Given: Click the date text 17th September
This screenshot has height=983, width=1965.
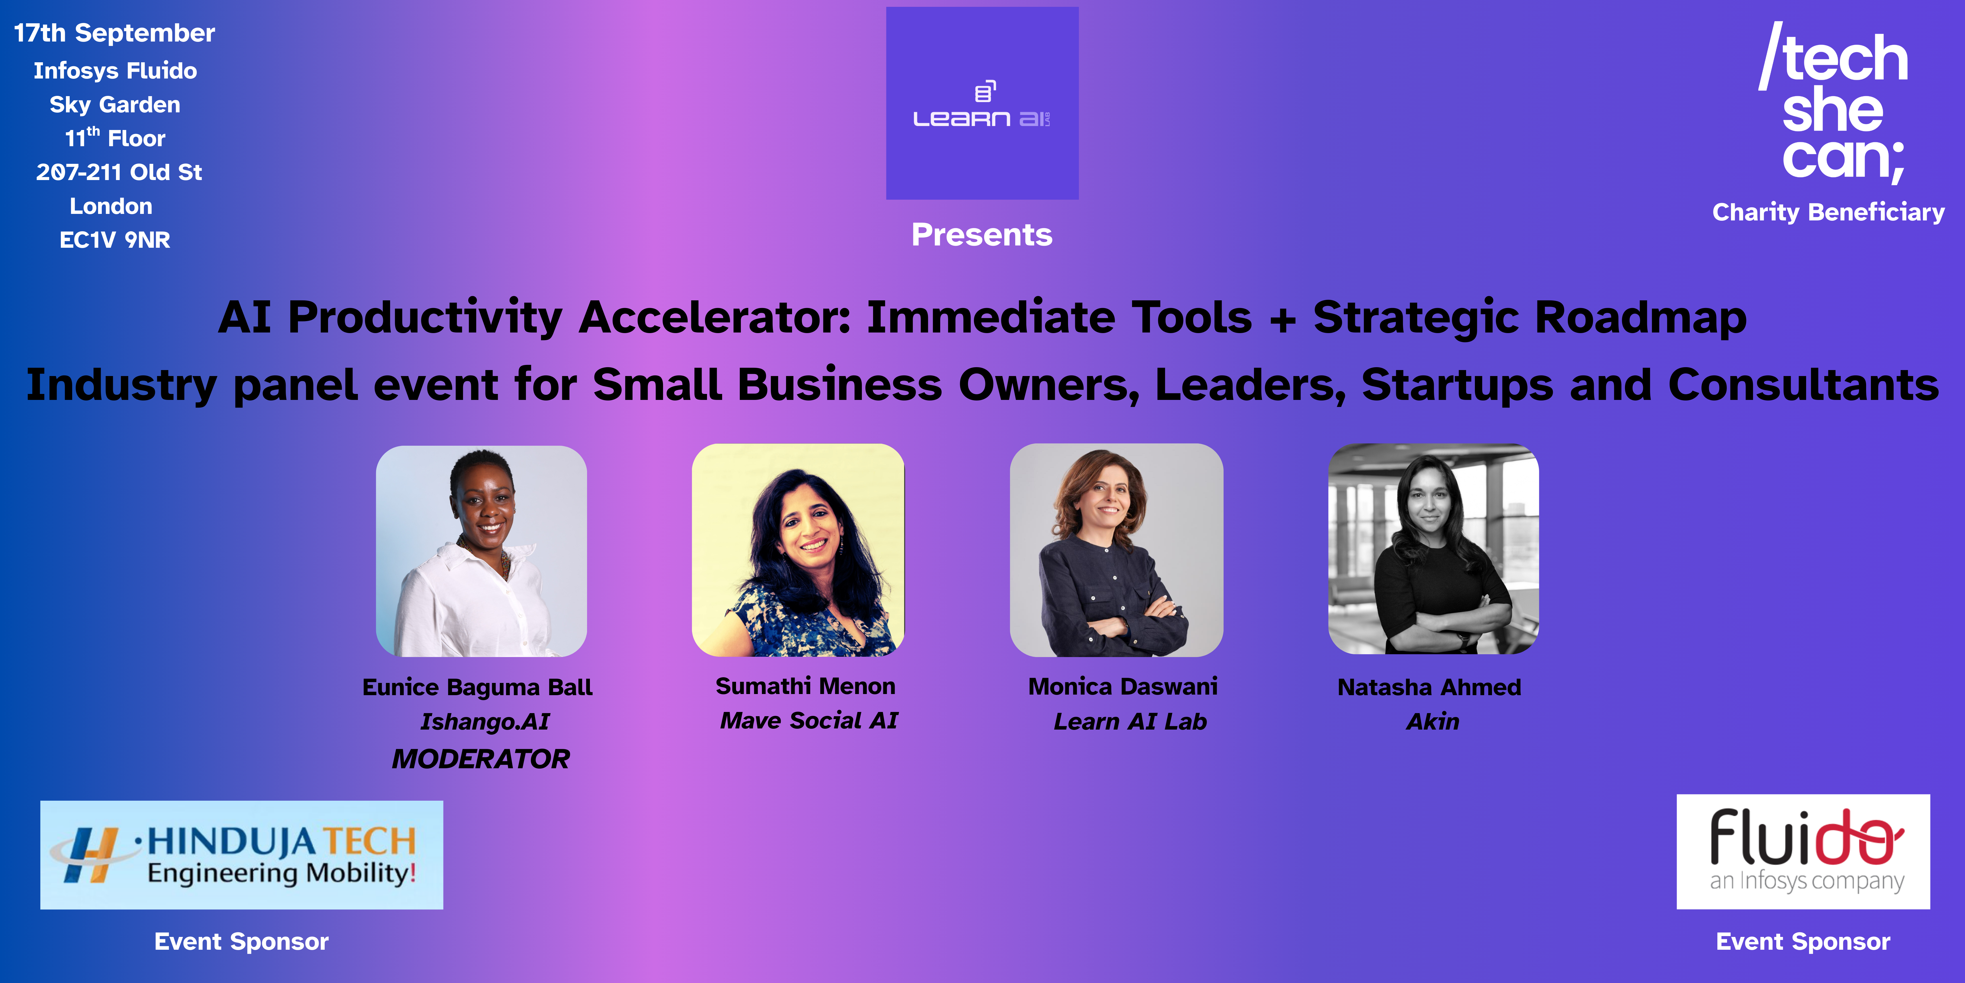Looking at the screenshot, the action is pos(114,33).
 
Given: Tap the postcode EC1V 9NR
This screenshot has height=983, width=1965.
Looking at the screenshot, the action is pos(114,240).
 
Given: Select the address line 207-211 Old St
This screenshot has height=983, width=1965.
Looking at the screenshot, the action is pos(119,172).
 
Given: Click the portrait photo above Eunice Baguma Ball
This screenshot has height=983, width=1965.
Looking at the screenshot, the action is pos(481,551).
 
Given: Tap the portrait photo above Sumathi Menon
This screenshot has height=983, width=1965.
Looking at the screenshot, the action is pos(798,550).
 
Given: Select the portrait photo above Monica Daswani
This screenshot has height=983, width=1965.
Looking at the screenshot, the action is pos(1117,550).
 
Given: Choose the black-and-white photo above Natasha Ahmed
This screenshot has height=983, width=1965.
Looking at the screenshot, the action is pos(1433,549).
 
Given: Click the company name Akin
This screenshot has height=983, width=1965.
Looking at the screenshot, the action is pos(1433,721).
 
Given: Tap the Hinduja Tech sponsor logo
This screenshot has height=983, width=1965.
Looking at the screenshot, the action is pos(242,855).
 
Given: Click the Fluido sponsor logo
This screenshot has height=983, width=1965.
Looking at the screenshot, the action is pos(1803,852).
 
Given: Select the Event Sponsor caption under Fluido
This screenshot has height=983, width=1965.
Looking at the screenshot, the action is pos(1803,942).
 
